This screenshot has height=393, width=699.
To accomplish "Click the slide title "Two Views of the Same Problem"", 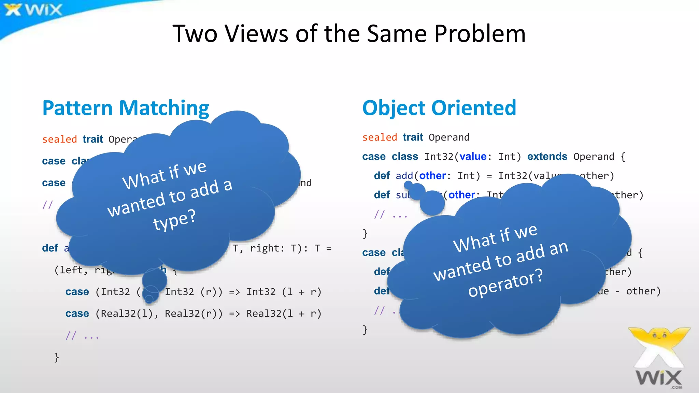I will [x=349, y=34].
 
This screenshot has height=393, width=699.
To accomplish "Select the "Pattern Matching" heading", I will [x=126, y=108].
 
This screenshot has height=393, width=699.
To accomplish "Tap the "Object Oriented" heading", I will [x=439, y=108].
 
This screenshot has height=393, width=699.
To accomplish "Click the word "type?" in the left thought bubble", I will [x=174, y=220].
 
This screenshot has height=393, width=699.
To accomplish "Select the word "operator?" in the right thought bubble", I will [x=505, y=282].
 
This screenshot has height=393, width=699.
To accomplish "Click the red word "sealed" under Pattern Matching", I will [x=59, y=139].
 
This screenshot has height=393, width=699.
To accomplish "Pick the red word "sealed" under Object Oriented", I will [x=380, y=137].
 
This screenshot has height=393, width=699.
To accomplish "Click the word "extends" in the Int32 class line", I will [x=547, y=157].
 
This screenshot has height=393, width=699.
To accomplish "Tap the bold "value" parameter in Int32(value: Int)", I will [x=473, y=157].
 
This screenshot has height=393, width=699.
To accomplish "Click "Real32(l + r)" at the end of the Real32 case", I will [x=284, y=314].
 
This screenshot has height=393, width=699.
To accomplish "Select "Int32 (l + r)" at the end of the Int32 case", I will [x=284, y=292].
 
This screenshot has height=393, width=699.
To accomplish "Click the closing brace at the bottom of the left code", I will [x=57, y=357].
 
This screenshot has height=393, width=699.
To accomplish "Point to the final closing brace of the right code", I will [x=365, y=330].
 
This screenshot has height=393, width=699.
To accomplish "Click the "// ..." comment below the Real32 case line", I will [x=82, y=336].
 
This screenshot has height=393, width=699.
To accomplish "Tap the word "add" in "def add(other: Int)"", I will [x=404, y=176].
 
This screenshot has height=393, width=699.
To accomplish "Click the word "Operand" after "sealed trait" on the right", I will [x=449, y=137].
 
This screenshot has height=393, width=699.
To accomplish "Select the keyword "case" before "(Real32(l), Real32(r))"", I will [x=77, y=314].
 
